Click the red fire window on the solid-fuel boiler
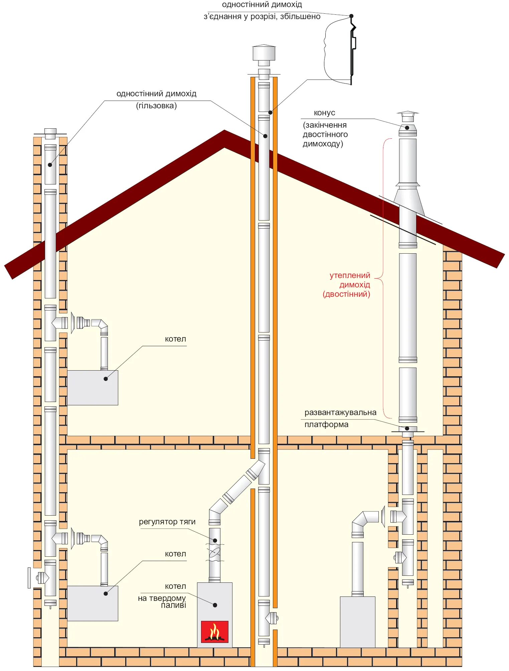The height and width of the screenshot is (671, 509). pyautogui.click(x=215, y=632)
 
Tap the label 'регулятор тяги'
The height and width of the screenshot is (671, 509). pyautogui.click(x=167, y=522)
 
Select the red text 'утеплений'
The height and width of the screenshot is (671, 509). pyautogui.click(x=350, y=275)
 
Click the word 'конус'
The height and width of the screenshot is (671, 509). pyautogui.click(x=324, y=113)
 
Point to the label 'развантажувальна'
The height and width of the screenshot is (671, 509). pyautogui.click(x=340, y=412)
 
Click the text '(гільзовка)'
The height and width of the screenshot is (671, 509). pyautogui.click(x=156, y=106)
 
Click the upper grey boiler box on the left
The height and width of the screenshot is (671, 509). pyautogui.click(x=93, y=388)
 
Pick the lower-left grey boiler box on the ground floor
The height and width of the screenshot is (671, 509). pyautogui.click(x=93, y=603)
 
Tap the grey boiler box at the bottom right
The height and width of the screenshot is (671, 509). pyautogui.click(x=357, y=622)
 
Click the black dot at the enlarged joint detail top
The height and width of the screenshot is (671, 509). pyautogui.click(x=351, y=16)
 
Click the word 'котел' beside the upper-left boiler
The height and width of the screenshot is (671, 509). pyautogui.click(x=175, y=339)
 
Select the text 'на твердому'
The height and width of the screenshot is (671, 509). pyautogui.click(x=162, y=598)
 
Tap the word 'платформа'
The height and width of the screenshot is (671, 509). pyautogui.click(x=326, y=424)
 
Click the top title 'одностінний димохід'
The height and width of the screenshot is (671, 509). pyautogui.click(x=262, y=5)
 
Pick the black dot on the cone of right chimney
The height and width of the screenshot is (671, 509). pyautogui.click(x=407, y=128)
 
